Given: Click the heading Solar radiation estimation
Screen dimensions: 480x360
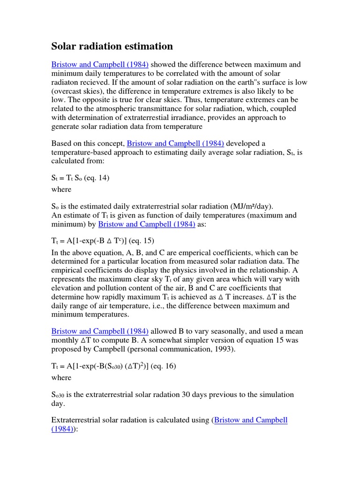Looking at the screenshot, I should (x=112, y=46).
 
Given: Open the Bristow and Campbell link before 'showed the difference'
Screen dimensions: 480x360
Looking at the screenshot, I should (x=100, y=64).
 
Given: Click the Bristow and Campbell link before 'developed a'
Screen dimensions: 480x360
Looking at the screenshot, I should (x=175, y=143).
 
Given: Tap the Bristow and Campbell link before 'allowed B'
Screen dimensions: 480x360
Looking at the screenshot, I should (x=100, y=331).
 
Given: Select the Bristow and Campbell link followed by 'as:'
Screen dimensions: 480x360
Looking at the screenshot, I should (x=147, y=225).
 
